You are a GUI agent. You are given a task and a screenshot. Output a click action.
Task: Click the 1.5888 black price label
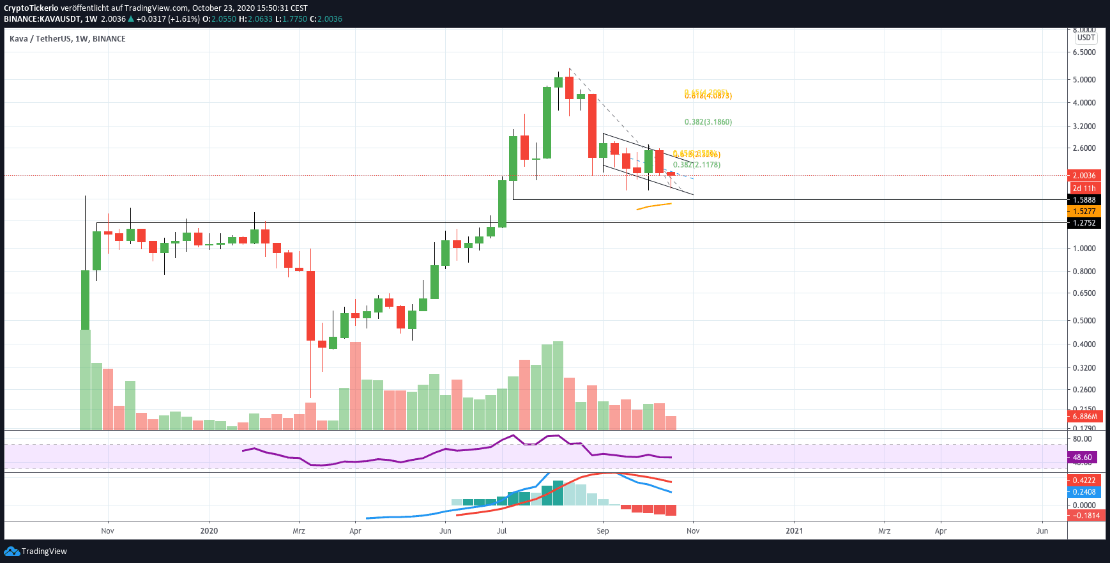click(1084, 200)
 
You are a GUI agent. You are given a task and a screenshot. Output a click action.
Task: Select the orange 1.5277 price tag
click(1084, 212)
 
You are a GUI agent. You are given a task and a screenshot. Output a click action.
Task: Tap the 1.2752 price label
click(1084, 223)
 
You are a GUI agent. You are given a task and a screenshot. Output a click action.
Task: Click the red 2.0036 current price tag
click(1084, 176)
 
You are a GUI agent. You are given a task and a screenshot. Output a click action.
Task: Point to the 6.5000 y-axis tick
click(1084, 52)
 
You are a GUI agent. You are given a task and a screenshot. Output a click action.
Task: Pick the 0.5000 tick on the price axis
click(1084, 321)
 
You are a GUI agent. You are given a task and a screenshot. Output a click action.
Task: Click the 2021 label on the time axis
click(794, 531)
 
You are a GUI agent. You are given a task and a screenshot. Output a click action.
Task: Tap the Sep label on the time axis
click(603, 531)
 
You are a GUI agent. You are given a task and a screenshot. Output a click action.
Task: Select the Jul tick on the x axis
click(502, 531)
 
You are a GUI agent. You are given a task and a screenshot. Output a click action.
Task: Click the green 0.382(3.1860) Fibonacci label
click(708, 122)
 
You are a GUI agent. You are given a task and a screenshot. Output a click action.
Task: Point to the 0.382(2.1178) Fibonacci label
click(697, 165)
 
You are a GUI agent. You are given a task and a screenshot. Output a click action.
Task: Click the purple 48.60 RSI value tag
click(1082, 458)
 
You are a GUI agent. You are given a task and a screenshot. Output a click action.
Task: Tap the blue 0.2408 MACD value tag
click(1084, 492)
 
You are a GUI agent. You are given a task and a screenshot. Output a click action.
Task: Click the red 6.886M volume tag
click(1084, 417)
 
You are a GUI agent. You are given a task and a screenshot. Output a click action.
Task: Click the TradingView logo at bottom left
click(36, 551)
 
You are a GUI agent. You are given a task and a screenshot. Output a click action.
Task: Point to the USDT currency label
click(1086, 38)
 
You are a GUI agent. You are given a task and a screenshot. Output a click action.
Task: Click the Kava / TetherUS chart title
click(68, 39)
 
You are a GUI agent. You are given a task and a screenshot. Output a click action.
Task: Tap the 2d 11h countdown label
click(1084, 189)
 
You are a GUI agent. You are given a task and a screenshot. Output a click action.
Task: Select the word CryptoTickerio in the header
click(31, 8)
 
